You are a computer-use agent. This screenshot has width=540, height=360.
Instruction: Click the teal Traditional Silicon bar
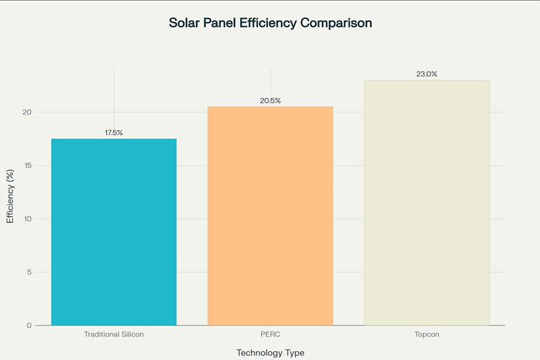click(113, 232)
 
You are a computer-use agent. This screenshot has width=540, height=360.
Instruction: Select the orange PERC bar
click(270, 215)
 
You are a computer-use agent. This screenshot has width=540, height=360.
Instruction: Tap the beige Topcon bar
click(427, 203)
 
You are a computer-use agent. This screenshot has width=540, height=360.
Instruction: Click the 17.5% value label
click(113, 133)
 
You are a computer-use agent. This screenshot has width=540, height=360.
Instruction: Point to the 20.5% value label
click(270, 101)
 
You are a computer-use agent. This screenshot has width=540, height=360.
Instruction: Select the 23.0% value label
click(427, 74)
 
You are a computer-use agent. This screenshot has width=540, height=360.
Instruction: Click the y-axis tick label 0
click(28, 326)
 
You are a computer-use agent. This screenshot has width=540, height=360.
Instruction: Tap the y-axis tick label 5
click(28, 272)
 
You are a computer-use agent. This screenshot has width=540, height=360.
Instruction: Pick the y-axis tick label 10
click(27, 219)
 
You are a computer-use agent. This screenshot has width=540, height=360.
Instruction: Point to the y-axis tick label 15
click(27, 165)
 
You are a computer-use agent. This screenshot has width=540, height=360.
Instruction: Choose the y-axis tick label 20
click(27, 112)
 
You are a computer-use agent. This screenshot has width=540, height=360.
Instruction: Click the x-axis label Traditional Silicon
click(113, 335)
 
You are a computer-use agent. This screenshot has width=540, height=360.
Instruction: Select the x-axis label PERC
click(270, 335)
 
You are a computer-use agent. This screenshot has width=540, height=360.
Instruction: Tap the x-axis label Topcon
click(427, 335)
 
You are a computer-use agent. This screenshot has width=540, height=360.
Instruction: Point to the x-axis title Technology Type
click(270, 353)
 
